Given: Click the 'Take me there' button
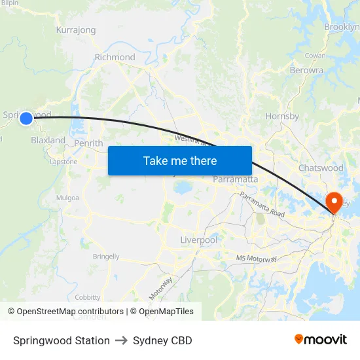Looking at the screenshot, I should pyautogui.click(x=180, y=160).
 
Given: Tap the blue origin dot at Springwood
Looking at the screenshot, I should pyautogui.click(x=26, y=118).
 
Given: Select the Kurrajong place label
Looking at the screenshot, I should pyautogui.click(x=76, y=30).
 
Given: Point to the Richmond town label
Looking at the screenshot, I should pyautogui.click(x=115, y=57).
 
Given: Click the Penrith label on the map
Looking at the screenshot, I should pyautogui.click(x=88, y=143).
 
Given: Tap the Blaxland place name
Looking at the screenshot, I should pyautogui.click(x=48, y=140).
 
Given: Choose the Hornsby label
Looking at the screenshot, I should pyautogui.click(x=282, y=117).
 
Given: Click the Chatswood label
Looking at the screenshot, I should pyautogui.click(x=321, y=168).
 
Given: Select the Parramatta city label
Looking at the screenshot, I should pyautogui.click(x=235, y=179).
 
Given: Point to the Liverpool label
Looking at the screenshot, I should pyautogui.click(x=198, y=240).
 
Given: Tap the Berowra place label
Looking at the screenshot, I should pyautogui.click(x=306, y=70).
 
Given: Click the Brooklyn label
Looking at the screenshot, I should pyautogui.click(x=342, y=27).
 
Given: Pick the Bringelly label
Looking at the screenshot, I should pyautogui.click(x=106, y=257).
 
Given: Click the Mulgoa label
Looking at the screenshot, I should pyautogui.click(x=67, y=198).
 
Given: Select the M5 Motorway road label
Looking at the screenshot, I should pyautogui.click(x=257, y=259).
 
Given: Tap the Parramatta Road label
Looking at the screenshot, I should pyautogui.click(x=262, y=205).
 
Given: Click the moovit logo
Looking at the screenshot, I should pyautogui.click(x=320, y=340).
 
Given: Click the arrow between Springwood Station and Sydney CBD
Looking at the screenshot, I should pyautogui.click(x=121, y=340).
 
